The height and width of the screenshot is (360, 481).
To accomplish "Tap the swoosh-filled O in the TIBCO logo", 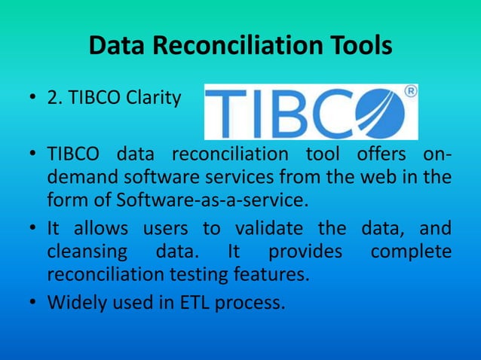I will [381, 114].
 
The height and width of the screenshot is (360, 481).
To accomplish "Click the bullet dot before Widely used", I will [33, 303].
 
